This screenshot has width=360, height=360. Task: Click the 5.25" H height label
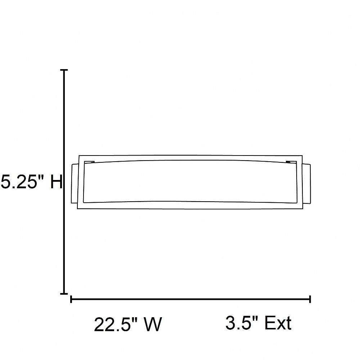tap(32, 182)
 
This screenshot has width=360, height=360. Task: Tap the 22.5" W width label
tap(128, 324)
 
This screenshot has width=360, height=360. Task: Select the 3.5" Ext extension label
tap(258, 323)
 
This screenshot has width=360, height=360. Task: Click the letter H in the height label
tap(56, 182)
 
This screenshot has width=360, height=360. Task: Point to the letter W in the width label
tap(152, 324)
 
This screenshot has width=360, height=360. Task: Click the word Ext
tap(278, 323)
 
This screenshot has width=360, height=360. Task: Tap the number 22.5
tap(112, 324)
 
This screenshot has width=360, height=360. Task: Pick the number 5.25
tap(19, 182)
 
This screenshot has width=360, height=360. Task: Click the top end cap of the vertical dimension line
tap(64, 70)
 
